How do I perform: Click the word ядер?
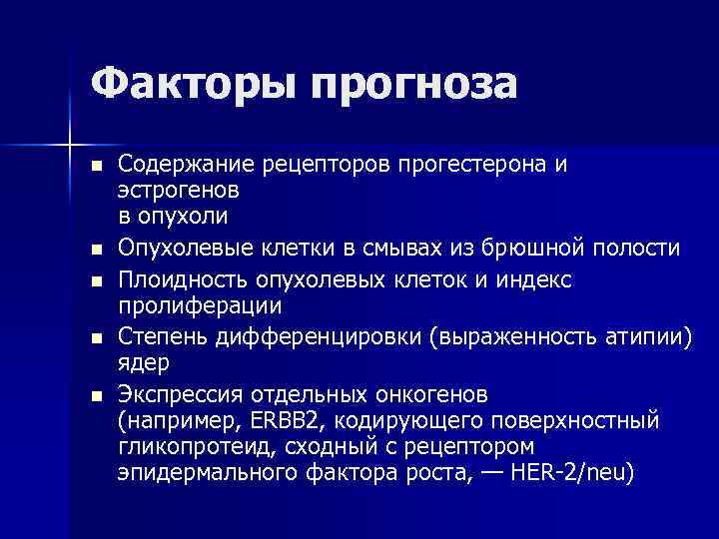click(x=142, y=362)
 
